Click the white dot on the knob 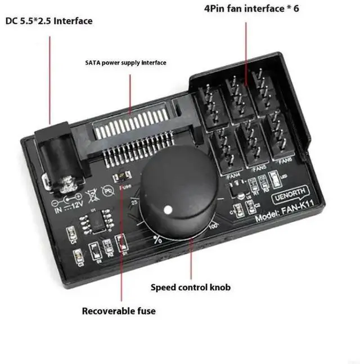[167, 210]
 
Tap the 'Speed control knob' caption [190, 287]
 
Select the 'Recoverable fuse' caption [119, 311]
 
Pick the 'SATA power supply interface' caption [125, 63]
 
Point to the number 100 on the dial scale [213, 227]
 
